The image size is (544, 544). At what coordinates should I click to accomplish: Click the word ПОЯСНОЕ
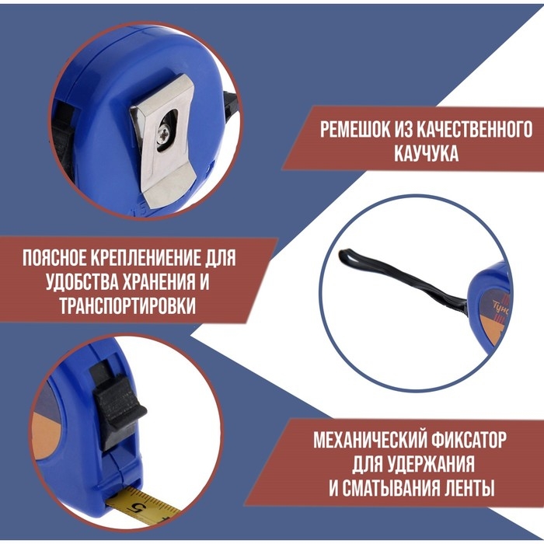click(58, 257)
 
